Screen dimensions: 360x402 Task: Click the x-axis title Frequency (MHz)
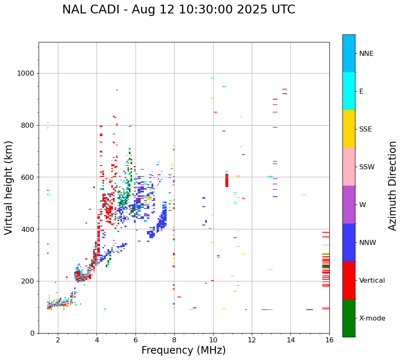click(183, 350)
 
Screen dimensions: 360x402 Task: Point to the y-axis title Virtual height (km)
click(9, 187)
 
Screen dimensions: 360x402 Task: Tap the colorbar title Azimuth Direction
click(392, 185)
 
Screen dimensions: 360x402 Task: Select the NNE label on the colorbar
click(366, 54)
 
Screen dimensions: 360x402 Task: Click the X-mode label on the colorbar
click(372, 318)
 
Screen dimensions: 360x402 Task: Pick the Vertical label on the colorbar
click(372, 281)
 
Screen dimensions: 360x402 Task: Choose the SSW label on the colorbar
click(367, 167)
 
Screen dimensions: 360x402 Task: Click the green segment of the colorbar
click(349, 318)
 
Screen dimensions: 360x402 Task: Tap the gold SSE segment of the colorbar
click(349, 129)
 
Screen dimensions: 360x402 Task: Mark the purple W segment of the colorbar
click(349, 205)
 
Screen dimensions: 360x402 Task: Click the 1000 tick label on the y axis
click(25, 74)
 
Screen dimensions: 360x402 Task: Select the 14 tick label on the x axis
click(290, 340)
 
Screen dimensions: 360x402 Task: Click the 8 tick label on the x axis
click(174, 340)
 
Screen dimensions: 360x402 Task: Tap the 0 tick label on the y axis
click(32, 333)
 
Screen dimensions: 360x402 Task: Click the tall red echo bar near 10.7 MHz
click(227, 180)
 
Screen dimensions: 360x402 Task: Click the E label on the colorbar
click(361, 92)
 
